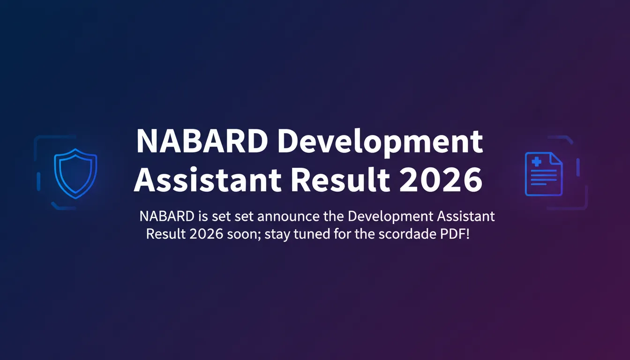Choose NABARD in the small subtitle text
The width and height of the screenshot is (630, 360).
167,217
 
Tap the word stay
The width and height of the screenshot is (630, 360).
277,234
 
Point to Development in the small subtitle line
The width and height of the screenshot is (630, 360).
391,217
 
